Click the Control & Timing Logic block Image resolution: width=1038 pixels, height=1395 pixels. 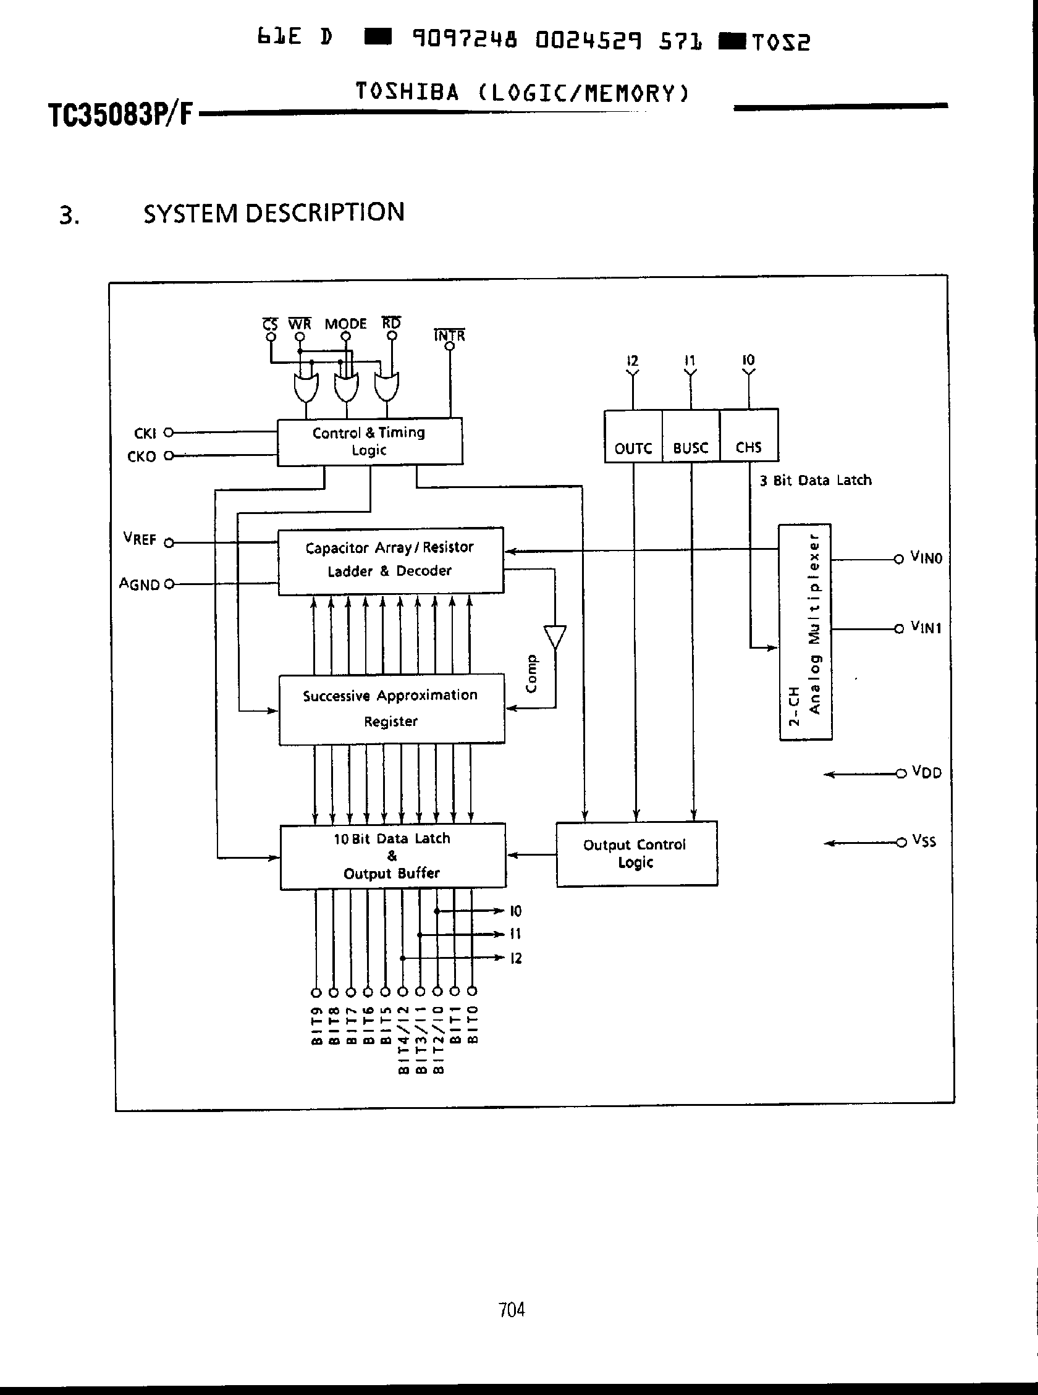coord(369,442)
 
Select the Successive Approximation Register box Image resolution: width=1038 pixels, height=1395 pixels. coord(392,709)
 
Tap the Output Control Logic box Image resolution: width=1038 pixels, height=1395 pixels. coord(636,854)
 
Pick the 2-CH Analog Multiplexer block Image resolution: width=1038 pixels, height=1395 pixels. coord(806,632)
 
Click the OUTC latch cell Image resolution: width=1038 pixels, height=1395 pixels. coord(633,437)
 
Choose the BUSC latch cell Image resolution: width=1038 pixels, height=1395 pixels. coord(691,437)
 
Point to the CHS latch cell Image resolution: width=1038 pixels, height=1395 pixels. coord(749,436)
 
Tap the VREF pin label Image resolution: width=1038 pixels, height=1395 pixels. coord(140,539)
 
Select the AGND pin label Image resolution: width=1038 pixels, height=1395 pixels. coord(140,584)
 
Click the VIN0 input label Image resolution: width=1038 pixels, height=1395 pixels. coord(926,558)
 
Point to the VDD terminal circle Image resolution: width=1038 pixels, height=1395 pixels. coord(901,773)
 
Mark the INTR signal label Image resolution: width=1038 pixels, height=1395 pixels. coord(449,335)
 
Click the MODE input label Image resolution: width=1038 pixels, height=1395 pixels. coord(345,324)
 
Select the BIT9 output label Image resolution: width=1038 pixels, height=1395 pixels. coord(317,1026)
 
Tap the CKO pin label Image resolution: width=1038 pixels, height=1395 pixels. coord(141,457)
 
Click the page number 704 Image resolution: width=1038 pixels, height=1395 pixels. coord(512,1310)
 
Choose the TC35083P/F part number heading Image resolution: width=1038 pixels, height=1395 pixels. coord(120,115)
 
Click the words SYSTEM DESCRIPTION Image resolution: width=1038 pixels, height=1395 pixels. coord(273,213)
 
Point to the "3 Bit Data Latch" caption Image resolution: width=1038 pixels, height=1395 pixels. coord(815,481)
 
